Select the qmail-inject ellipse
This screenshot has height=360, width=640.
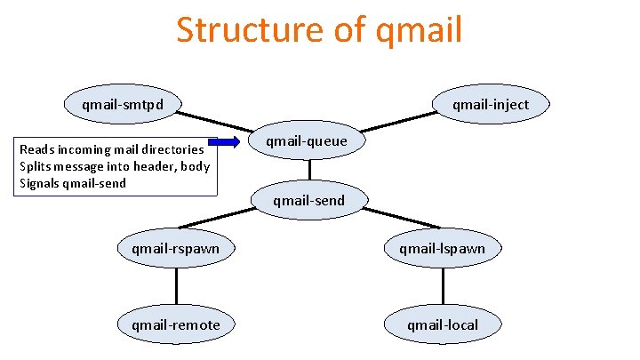490,105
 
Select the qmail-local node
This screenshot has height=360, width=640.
443,324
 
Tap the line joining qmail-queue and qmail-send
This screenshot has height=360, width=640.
309,171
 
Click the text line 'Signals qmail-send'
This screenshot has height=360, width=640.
73,183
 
